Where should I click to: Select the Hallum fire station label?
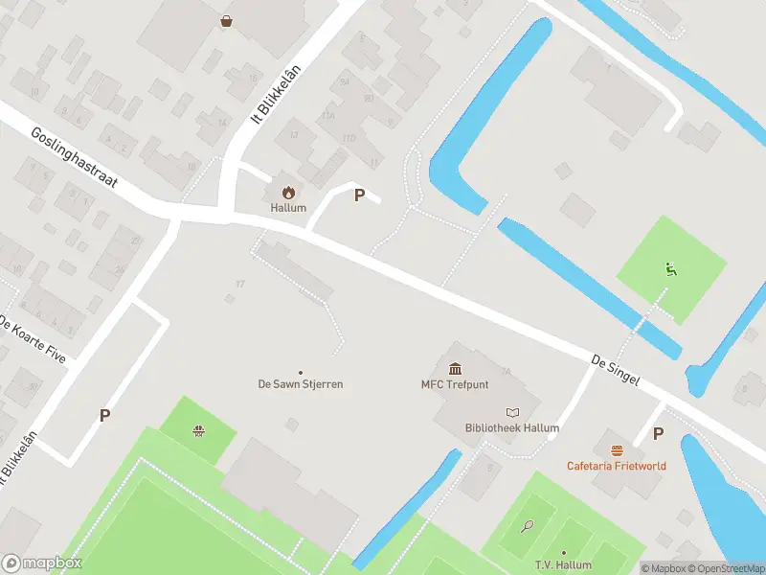pyautogui.click(x=288, y=208)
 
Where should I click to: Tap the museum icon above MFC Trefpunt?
pyautogui.click(x=456, y=369)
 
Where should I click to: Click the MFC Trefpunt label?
pyautogui.click(x=456, y=385)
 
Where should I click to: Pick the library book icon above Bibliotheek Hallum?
pyautogui.click(x=511, y=412)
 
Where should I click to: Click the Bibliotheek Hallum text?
pyautogui.click(x=511, y=428)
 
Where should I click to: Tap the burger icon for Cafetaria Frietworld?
pyautogui.click(x=617, y=449)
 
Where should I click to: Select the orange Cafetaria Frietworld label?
pyautogui.click(x=617, y=466)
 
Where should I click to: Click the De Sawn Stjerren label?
pyautogui.click(x=301, y=384)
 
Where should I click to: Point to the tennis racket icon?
pyautogui.click(x=527, y=526)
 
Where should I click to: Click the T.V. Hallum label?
pyautogui.click(x=563, y=566)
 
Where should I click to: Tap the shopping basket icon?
pyautogui.click(x=226, y=20)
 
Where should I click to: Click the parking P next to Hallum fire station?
pyautogui.click(x=360, y=195)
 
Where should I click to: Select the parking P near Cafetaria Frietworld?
pyautogui.click(x=658, y=433)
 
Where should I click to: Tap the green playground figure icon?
pyautogui.click(x=670, y=269)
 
